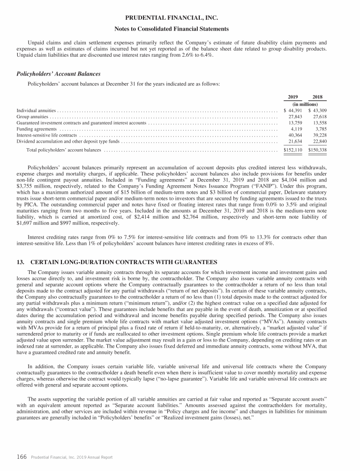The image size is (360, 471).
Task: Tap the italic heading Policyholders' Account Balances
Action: [59, 74]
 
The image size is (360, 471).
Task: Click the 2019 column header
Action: [295, 97]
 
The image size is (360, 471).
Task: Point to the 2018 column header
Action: [319, 97]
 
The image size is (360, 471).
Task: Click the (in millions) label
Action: [305, 104]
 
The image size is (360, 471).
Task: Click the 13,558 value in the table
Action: [319, 122]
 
